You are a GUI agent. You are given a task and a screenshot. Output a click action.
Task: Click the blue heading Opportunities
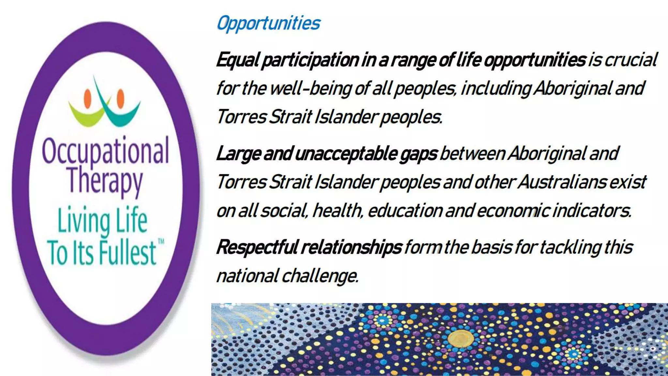pos(268,23)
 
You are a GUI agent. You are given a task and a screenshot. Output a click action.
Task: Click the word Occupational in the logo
pos(105,151)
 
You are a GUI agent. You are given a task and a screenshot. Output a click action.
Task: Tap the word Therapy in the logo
pos(105,180)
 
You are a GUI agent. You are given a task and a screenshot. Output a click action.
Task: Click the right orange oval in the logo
pos(120,98)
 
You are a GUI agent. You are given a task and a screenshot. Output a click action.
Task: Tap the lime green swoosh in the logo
pos(85,114)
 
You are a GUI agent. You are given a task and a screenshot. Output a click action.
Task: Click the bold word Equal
pos(237,60)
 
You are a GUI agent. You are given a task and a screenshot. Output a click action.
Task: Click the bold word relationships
pos(351,247)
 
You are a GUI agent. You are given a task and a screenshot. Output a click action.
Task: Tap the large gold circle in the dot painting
pos(460,338)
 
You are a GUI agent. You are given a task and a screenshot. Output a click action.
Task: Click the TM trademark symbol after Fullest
pos(161,242)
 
